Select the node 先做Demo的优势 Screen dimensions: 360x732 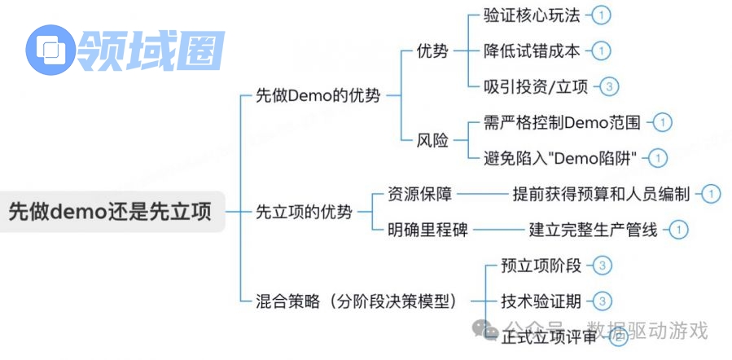(318, 95)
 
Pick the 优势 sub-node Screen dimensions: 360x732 (432, 50)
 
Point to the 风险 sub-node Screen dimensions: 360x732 (432, 140)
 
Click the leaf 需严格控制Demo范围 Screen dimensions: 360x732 (562, 123)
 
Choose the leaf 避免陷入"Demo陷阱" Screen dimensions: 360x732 (561, 158)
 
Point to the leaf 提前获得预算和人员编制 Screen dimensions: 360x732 (601, 194)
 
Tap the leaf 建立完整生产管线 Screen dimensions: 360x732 (593, 230)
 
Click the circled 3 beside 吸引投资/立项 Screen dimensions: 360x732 (609, 86)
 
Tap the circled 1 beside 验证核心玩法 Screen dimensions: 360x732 (600, 15)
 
